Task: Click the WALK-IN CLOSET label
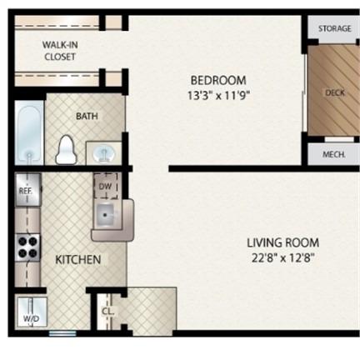(60, 51)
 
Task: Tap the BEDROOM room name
(218, 81)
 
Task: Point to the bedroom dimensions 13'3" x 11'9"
(218, 96)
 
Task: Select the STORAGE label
(335, 28)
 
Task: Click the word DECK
(335, 92)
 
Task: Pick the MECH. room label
(334, 154)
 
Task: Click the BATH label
(87, 116)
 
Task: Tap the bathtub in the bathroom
(29, 133)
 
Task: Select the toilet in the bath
(66, 150)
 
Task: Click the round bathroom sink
(104, 153)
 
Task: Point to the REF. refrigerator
(28, 190)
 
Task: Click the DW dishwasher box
(106, 186)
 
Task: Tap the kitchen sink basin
(105, 216)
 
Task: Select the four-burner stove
(27, 247)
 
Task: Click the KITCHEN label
(78, 260)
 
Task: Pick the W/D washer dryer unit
(32, 312)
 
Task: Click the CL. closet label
(107, 312)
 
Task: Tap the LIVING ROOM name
(283, 242)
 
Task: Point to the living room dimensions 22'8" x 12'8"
(283, 258)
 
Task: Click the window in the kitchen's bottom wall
(62, 333)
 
